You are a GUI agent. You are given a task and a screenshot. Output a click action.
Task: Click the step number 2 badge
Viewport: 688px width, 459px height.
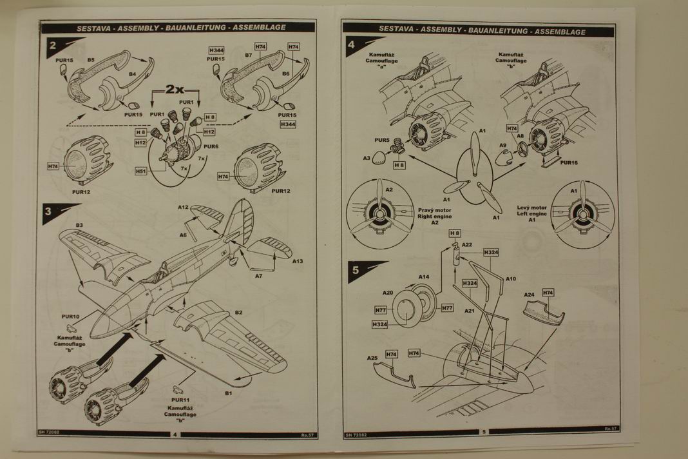tap(52, 46)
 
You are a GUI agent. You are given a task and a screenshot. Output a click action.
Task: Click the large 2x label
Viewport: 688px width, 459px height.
tap(175, 90)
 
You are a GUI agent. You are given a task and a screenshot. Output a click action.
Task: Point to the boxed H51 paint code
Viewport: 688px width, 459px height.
tap(141, 171)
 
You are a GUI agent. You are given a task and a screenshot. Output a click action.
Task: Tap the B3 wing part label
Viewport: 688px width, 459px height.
tap(79, 225)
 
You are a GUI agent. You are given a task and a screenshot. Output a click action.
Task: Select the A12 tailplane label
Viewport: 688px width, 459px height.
tap(184, 208)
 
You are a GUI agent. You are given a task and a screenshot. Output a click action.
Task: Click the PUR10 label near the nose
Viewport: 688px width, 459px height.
tap(70, 317)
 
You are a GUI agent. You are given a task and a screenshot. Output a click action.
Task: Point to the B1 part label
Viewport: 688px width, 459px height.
tap(228, 393)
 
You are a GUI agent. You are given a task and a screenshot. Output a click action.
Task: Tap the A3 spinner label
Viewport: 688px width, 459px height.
tap(367, 158)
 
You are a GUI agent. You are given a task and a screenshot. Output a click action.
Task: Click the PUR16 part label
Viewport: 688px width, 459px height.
tap(569, 163)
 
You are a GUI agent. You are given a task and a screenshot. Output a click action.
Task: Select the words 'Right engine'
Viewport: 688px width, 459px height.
tap(434, 217)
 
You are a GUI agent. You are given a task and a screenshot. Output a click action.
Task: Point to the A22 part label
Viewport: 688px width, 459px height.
tap(467, 244)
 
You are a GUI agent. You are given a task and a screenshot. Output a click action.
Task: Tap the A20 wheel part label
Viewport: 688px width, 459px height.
tap(387, 293)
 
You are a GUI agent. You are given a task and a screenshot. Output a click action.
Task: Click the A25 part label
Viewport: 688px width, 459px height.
tap(372, 358)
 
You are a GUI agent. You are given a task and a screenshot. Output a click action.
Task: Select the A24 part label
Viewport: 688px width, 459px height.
tap(529, 295)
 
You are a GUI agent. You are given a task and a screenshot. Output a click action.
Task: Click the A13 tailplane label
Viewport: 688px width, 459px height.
tap(298, 262)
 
